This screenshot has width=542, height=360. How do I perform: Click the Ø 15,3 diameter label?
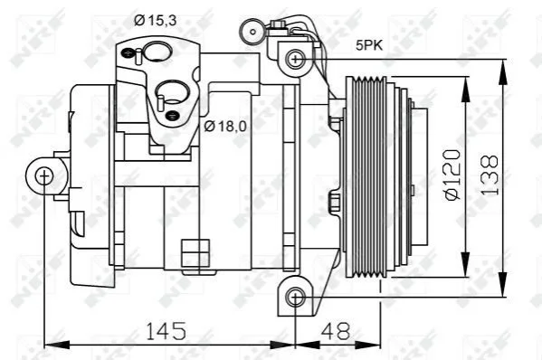[x=156, y=21]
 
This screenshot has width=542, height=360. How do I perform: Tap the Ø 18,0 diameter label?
[x=225, y=127]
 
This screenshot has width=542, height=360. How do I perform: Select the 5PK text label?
[x=369, y=45]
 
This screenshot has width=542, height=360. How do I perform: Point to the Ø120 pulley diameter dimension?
[x=453, y=175]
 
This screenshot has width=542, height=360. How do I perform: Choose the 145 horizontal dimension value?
[x=166, y=331]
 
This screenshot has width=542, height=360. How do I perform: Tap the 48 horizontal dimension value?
[x=336, y=331]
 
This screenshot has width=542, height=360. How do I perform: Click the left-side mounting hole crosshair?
[x=44, y=176]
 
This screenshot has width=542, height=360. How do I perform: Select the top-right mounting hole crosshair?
[x=296, y=59]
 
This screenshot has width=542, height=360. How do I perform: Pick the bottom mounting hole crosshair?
[x=296, y=297]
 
